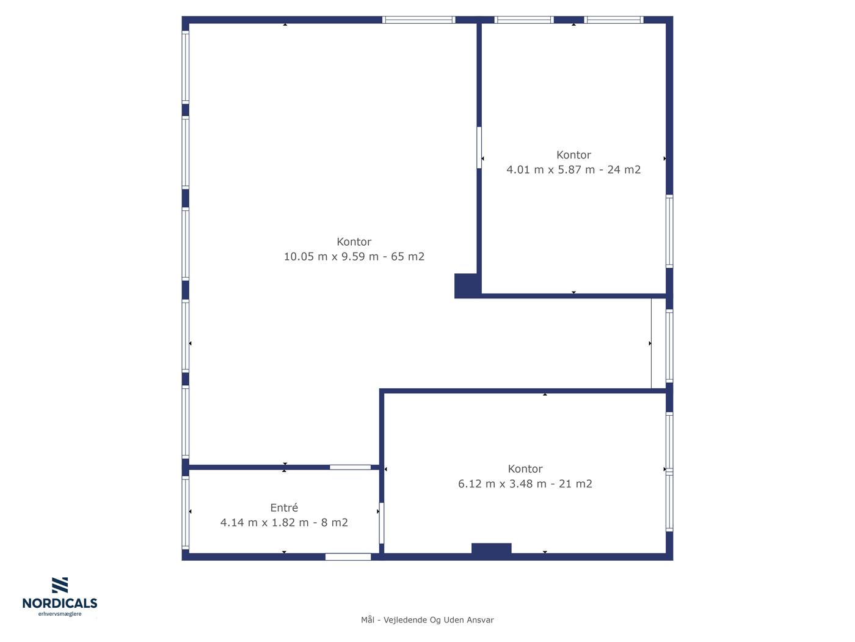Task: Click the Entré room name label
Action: pos(284,507)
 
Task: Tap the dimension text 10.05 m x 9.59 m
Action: pos(331,256)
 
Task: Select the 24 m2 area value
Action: pos(624,169)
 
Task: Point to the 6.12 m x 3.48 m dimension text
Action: pos(502,484)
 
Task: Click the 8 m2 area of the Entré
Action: pos(334,522)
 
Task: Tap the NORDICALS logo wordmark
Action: pos(60,603)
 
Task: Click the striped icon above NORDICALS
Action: pos(60,585)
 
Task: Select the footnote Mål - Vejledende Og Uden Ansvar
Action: pos(428,620)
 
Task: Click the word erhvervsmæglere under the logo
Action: pos(60,614)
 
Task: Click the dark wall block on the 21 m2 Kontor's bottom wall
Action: pos(491,548)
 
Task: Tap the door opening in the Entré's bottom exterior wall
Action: pos(348,556)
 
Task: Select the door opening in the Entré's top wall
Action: pos(350,467)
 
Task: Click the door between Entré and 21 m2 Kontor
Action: pos(381,523)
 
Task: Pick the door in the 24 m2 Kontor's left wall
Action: pos(479,148)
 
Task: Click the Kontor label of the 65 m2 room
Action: pos(354,242)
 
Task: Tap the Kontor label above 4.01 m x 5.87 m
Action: pos(573,155)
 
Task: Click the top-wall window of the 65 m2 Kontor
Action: pos(418,20)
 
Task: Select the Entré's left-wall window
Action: pos(186,512)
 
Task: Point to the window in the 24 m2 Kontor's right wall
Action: pos(669,232)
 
